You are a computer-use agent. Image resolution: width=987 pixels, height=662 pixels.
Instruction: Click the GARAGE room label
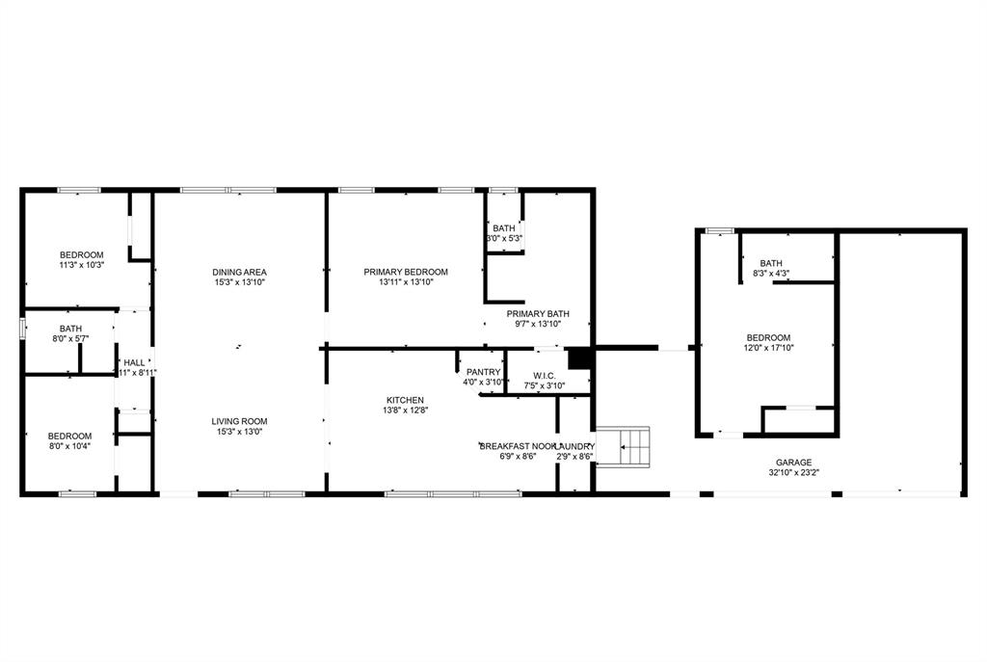[793, 463]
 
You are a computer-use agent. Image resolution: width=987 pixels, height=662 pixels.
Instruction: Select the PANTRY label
[483, 372]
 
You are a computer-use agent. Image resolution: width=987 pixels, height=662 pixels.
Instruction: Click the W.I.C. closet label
[545, 375]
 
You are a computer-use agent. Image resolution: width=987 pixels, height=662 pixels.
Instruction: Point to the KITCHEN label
[405, 400]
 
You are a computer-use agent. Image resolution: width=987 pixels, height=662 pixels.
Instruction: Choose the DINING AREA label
[239, 272]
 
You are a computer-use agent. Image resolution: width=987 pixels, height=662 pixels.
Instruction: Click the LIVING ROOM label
[240, 421]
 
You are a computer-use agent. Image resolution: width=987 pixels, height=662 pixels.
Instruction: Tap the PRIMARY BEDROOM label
[406, 272]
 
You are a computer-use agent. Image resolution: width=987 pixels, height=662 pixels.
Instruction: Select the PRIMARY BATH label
[539, 313]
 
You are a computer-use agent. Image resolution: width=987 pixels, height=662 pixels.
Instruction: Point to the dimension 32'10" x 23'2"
[793, 473]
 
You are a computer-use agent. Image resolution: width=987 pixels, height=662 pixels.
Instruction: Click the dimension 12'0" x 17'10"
[768, 348]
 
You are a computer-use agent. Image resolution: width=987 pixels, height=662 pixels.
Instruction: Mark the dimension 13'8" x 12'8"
[405, 410]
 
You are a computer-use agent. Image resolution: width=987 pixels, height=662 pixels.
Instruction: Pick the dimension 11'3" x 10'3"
[81, 265]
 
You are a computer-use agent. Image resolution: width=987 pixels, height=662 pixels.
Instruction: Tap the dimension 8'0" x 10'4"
[69, 446]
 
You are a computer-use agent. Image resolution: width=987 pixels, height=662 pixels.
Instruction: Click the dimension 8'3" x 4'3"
[770, 274]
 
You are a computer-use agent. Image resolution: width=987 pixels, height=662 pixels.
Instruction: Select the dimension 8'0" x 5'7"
[70, 339]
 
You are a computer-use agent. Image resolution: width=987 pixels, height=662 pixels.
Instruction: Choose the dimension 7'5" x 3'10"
[545, 385]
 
